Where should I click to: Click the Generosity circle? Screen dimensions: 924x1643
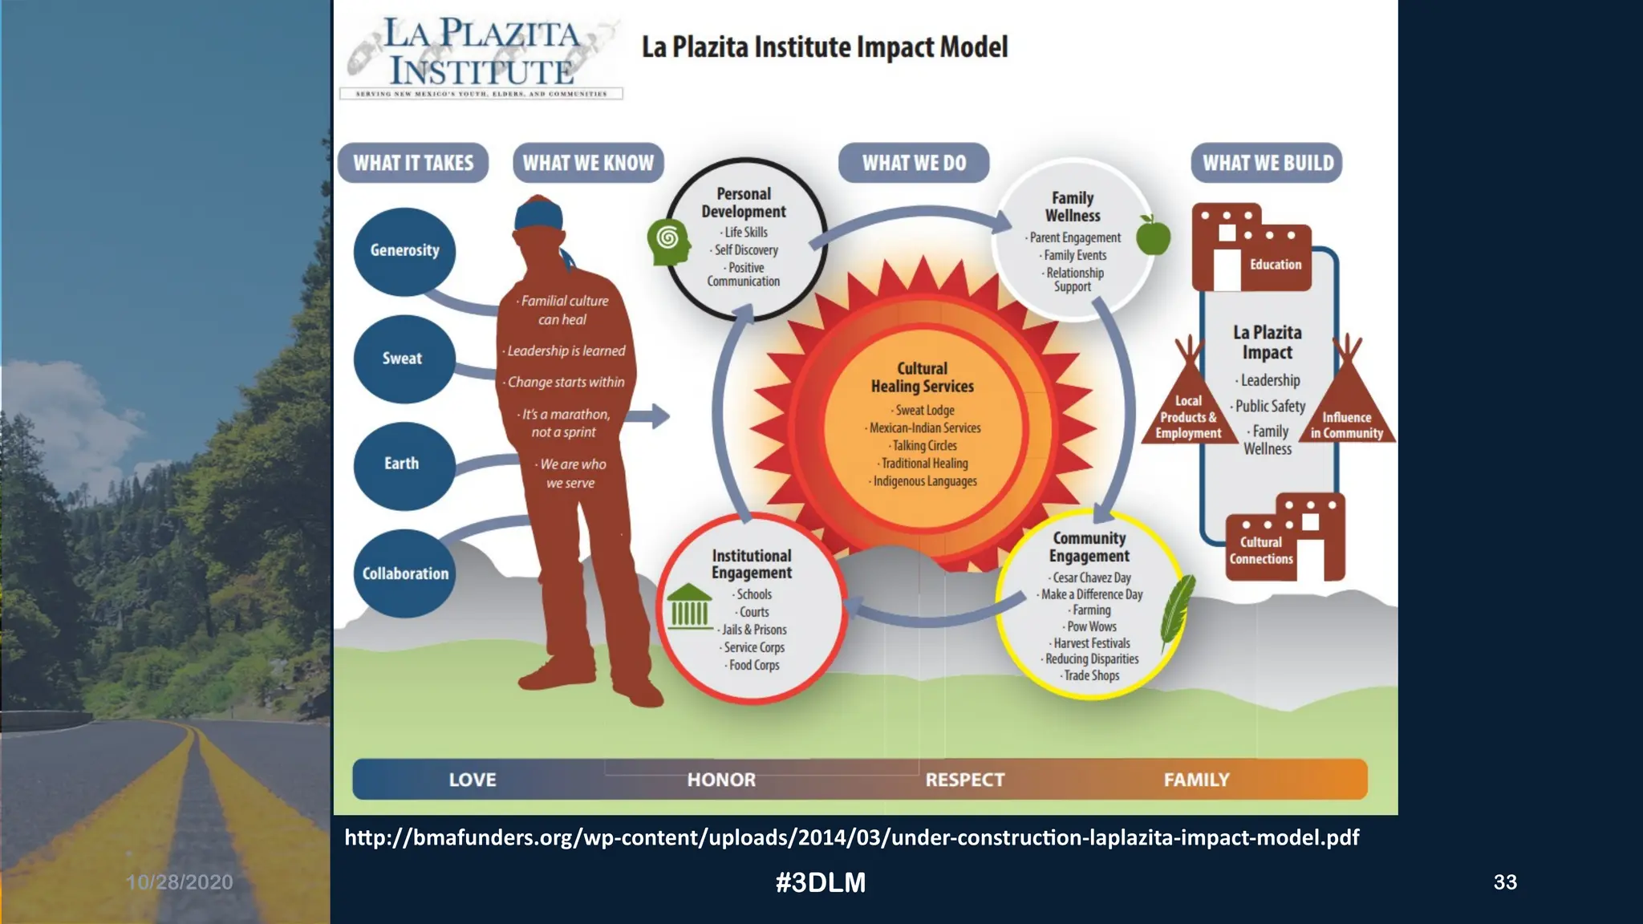(x=404, y=250)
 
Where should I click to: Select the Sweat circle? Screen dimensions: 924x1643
(x=404, y=359)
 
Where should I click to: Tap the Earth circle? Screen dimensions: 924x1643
(x=404, y=464)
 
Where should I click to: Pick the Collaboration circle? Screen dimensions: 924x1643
(x=404, y=573)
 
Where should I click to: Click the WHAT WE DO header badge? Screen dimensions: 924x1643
(x=914, y=163)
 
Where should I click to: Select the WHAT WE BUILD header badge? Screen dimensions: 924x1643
(x=1267, y=163)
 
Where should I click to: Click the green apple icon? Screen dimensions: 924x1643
(x=1153, y=235)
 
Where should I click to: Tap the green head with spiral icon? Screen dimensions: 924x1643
(x=668, y=241)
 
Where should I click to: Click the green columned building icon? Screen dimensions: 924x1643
(x=689, y=606)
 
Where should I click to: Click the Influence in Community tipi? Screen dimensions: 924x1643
(x=1348, y=405)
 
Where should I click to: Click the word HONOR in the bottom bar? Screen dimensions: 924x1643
(x=721, y=780)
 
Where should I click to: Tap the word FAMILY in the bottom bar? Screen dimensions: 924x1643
(x=1196, y=780)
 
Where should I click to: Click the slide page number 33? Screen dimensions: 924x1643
(x=1505, y=882)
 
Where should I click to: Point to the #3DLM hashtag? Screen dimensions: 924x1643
(x=821, y=882)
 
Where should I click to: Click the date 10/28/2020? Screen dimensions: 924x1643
(x=180, y=882)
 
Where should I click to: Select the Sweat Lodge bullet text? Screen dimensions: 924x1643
(x=924, y=410)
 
